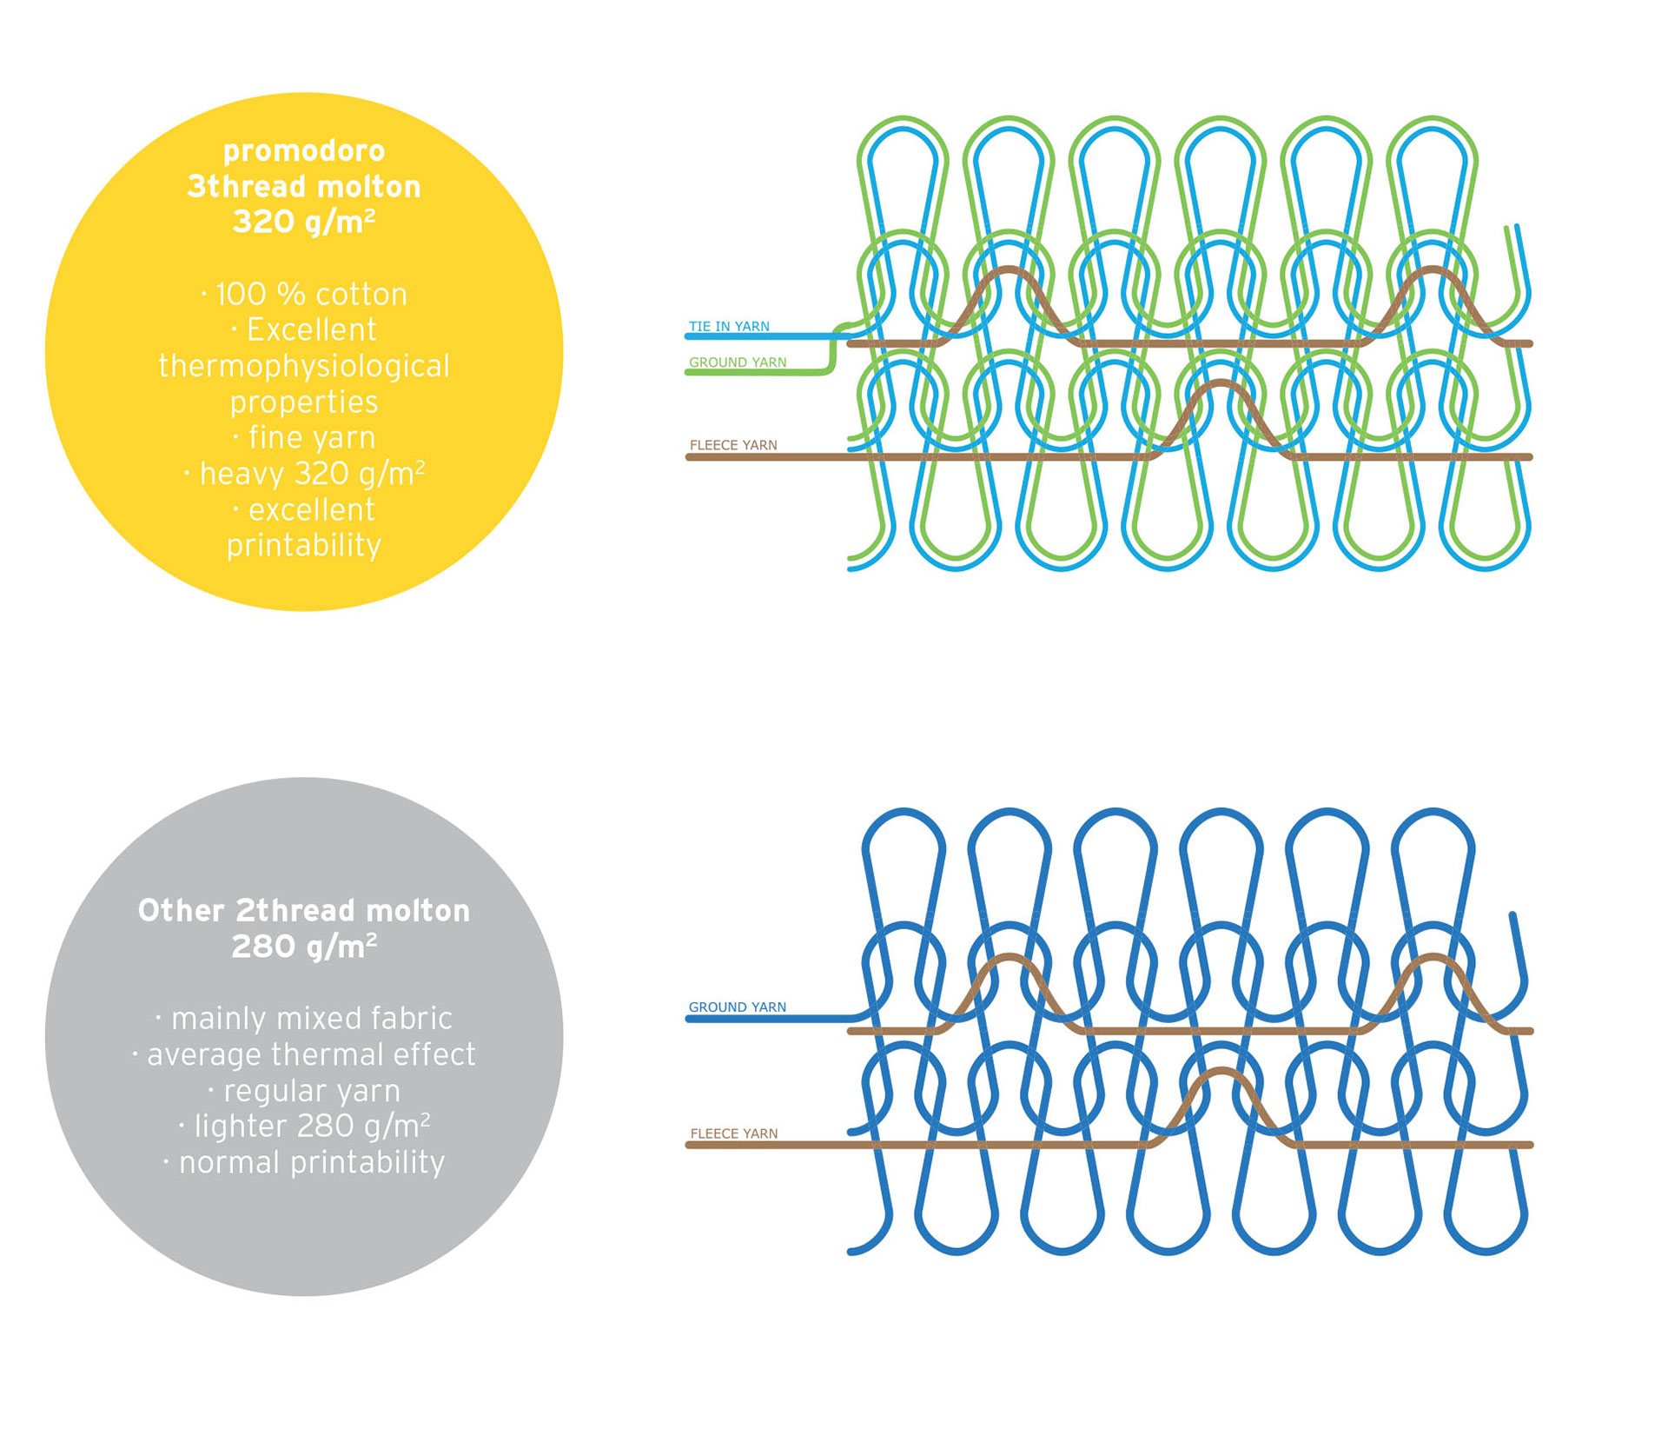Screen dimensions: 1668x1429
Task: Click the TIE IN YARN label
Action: pos(729,327)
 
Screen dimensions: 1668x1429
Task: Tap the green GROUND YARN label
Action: pos(738,362)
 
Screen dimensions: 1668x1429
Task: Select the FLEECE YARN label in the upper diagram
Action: pos(733,445)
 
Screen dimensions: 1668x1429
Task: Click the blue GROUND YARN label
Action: pos(737,1007)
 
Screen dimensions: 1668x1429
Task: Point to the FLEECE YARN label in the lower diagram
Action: pos(734,1133)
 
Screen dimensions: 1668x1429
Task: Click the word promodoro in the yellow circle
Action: pos(304,152)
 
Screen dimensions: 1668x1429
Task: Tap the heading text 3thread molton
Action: pos(304,187)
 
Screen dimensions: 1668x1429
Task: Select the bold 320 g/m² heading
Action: pos(304,223)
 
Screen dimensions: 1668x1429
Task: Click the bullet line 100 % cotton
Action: pos(304,295)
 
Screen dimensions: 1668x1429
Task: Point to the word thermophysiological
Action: pos(304,366)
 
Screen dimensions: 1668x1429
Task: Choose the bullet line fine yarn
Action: pos(304,437)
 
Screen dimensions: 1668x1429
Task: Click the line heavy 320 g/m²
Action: pos(304,474)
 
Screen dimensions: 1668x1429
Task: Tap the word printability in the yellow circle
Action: pos(304,546)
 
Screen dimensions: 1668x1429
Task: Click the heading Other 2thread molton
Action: pos(304,911)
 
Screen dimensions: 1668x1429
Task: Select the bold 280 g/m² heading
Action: pos(304,947)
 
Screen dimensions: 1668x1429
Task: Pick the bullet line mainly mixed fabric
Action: pos(304,1018)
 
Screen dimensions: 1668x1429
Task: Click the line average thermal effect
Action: pos(304,1054)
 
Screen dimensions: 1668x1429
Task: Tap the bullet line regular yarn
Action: pos(304,1091)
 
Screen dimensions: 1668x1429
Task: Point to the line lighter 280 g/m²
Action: pos(304,1127)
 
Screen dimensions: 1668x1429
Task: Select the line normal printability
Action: pos(304,1163)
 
